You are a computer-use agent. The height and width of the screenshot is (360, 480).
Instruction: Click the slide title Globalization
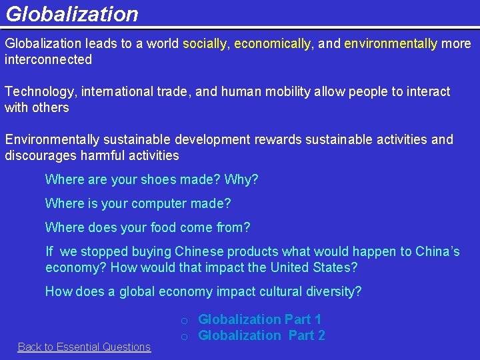71,14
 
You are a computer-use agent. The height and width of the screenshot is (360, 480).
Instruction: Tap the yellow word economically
272,44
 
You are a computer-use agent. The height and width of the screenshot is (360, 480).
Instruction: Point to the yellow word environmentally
391,44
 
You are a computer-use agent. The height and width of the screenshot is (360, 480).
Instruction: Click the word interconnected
48,60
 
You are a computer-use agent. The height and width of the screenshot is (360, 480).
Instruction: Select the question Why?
241,180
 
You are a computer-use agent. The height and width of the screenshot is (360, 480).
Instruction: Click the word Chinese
199,252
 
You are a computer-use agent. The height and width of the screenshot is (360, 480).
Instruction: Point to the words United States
313,268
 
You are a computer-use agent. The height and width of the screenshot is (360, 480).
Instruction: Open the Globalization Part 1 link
260,320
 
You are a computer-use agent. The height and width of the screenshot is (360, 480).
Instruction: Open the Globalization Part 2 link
261,335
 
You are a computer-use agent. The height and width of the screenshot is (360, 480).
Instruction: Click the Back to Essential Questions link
84,347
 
